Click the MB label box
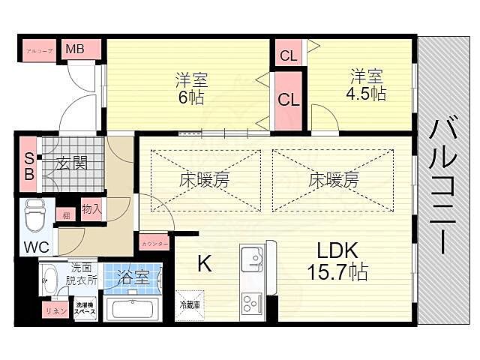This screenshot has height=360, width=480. coord(74,49)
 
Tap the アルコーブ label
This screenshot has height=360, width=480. coord(39,49)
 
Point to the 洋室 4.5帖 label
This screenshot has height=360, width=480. coord(367,85)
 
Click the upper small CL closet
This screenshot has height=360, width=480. coord(288,54)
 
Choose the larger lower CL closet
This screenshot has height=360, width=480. coord(288,98)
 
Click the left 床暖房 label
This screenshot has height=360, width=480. coord(204,180)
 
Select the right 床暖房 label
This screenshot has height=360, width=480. coord(333,180)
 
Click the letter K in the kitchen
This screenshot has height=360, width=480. coord(204,262)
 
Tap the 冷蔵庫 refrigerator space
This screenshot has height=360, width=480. coord(189,305)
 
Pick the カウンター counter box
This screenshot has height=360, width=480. coord(154,241)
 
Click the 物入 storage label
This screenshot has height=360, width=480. coord(91,209)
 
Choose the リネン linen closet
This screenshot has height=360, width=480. coord(52,310)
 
